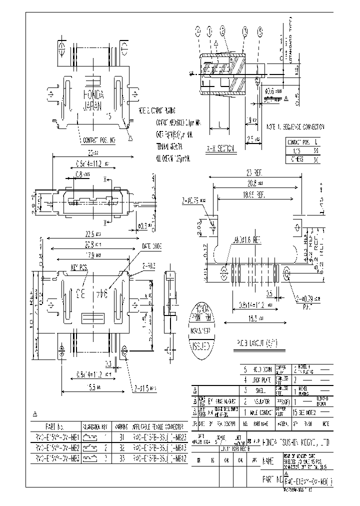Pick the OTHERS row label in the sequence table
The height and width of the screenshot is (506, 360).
pyautogui.click(x=294, y=160)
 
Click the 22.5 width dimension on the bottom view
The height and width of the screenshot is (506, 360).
pyautogui.click(x=86, y=233)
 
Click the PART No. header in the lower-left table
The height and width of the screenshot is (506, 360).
pyautogui.click(x=54, y=427)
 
